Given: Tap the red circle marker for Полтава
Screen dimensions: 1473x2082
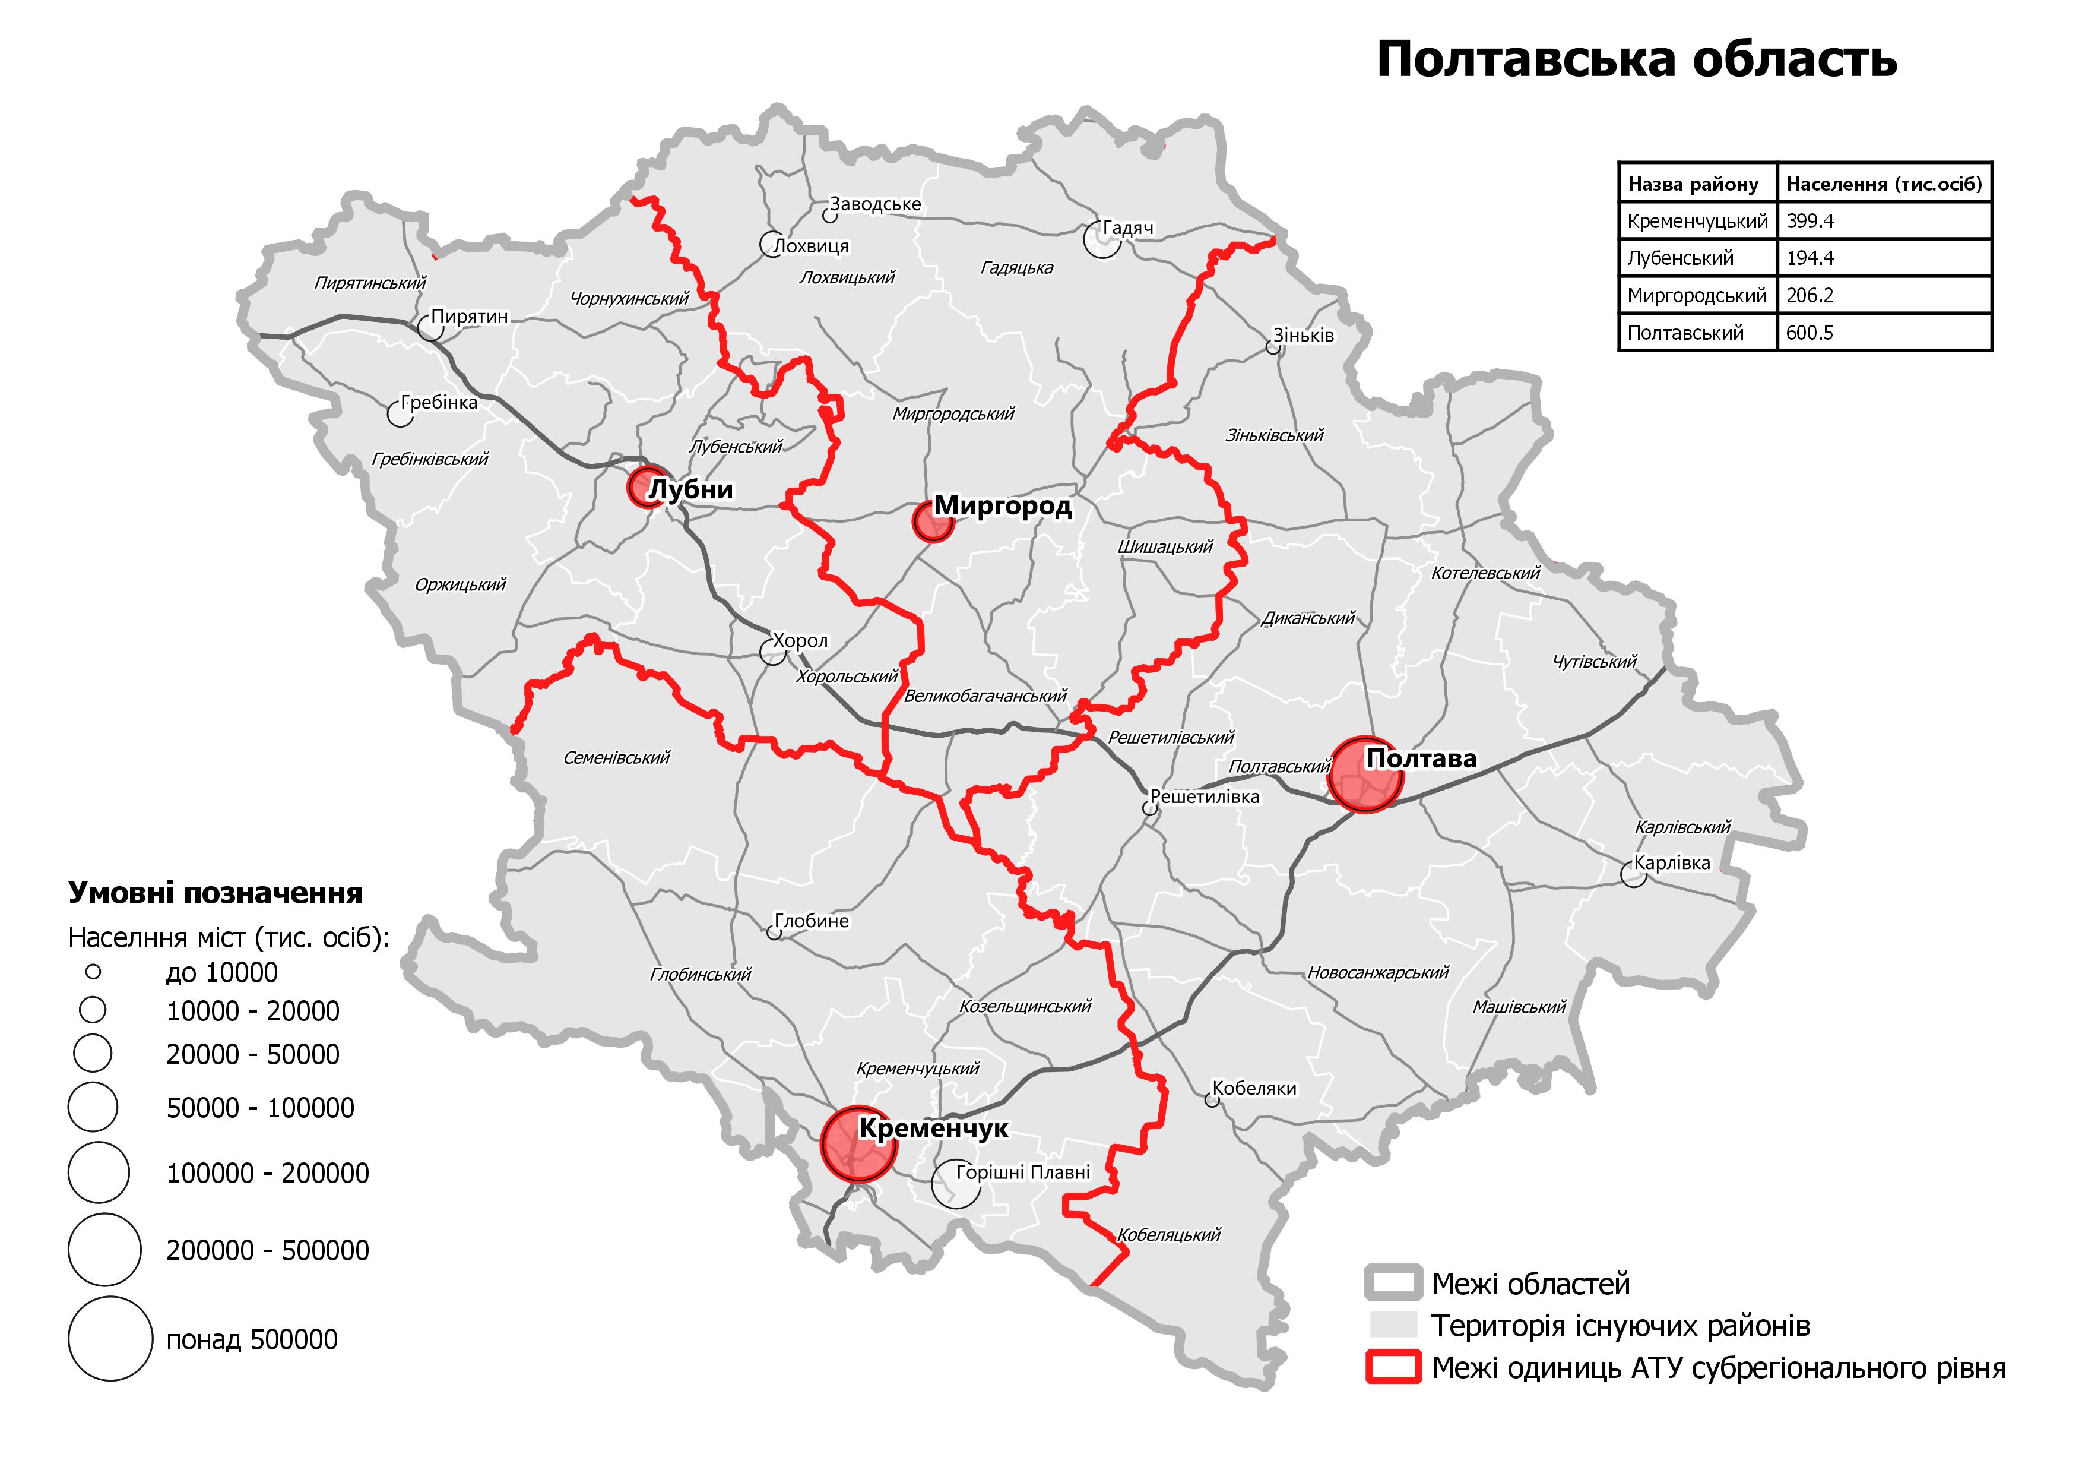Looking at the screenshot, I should click(x=1365, y=775).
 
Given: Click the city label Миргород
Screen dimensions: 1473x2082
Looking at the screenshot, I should click(x=1002, y=505).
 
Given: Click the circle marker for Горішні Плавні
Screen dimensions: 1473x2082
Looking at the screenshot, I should click(x=956, y=1184).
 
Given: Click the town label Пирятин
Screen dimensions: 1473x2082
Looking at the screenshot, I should click(x=469, y=317).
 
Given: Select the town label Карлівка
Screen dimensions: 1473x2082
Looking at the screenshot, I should click(x=1671, y=862).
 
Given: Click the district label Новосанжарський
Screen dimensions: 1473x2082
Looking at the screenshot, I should click(x=1377, y=972).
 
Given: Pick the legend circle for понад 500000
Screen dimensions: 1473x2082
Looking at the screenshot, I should click(x=110, y=1339).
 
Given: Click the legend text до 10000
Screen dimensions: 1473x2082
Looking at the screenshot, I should click(x=221, y=972).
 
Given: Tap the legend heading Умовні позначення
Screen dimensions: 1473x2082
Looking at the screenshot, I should click(x=215, y=893).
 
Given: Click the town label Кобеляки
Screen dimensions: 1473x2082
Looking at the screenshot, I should click(x=1254, y=1089).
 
